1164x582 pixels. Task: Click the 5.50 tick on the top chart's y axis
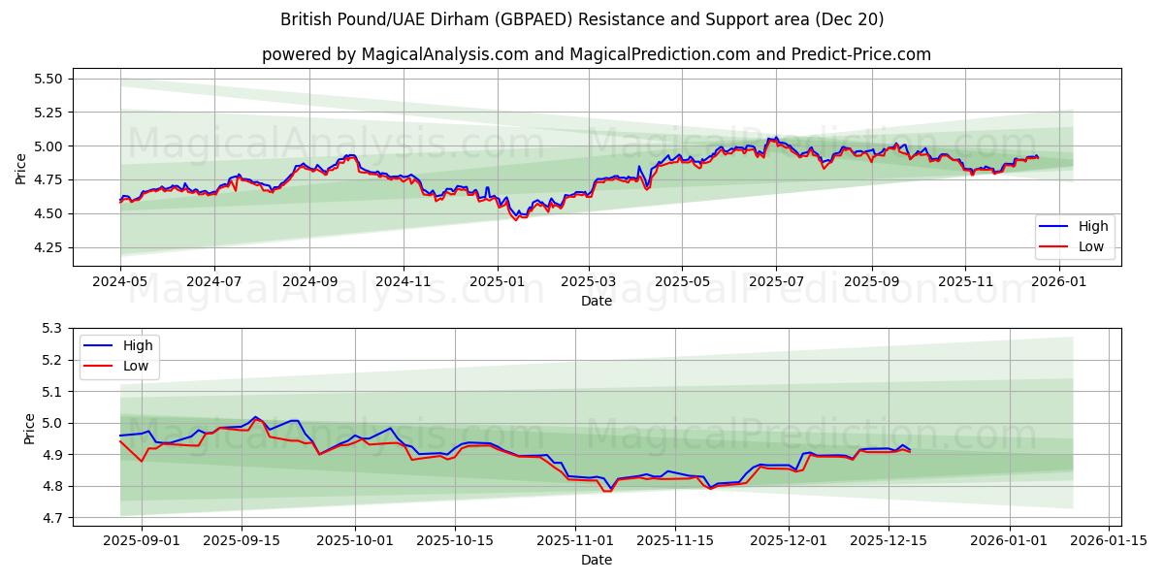47,79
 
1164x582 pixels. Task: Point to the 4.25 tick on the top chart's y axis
47,247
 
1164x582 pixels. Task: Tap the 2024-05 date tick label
120,281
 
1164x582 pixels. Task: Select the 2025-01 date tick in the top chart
498,281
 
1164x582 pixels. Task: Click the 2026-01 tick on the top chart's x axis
1058,281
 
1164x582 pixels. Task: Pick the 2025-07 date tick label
775,281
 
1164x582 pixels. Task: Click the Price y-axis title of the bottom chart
29,428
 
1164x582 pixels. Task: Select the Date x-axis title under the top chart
596,301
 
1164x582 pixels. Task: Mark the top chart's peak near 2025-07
775,138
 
